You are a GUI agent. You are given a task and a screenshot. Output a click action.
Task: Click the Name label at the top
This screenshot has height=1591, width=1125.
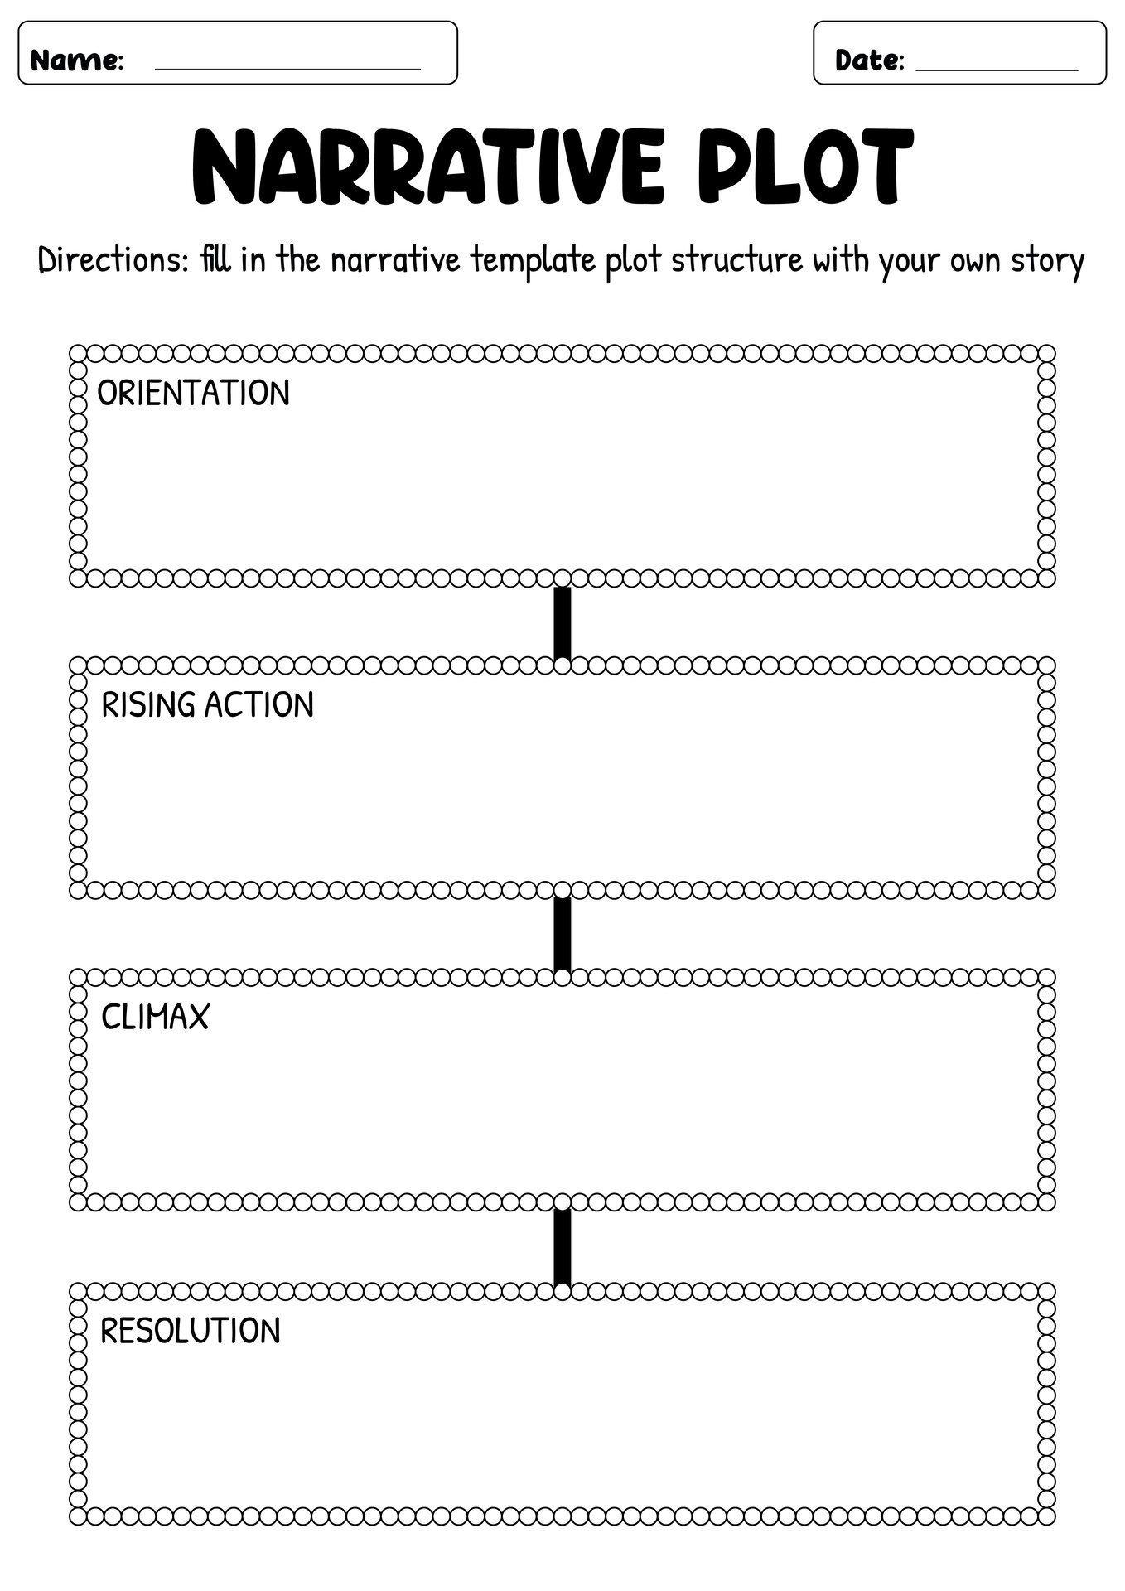click(77, 60)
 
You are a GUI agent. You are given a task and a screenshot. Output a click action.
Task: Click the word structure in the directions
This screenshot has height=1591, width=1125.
click(736, 261)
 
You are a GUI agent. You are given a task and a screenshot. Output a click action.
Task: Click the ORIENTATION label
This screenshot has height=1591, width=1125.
click(194, 393)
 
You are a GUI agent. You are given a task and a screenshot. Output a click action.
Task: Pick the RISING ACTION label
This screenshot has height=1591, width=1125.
click(207, 704)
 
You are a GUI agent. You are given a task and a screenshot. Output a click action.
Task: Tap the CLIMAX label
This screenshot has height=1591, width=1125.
click(155, 1017)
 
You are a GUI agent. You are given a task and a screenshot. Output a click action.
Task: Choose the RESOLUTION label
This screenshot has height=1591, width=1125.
click(191, 1330)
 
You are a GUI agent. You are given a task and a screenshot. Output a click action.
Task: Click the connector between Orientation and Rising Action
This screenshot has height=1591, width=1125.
click(562, 622)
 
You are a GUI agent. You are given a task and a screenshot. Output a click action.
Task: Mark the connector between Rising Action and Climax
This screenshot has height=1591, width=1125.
click(562, 934)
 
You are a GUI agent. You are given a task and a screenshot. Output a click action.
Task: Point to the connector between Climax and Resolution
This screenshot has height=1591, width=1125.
click(562, 1246)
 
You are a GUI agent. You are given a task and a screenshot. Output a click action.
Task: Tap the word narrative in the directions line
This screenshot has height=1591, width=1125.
click(395, 261)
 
